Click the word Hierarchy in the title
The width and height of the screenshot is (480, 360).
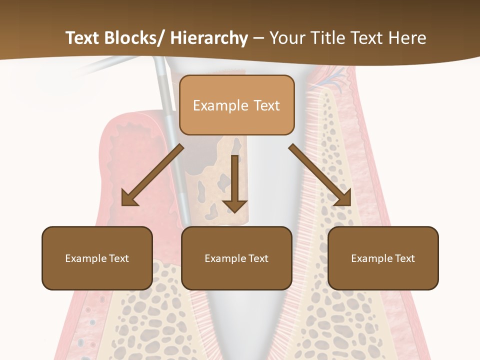(x=209, y=38)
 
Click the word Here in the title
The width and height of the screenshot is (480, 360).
(x=408, y=38)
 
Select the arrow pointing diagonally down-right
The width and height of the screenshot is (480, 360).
(x=320, y=175)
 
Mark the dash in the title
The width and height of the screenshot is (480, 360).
(x=258, y=38)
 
